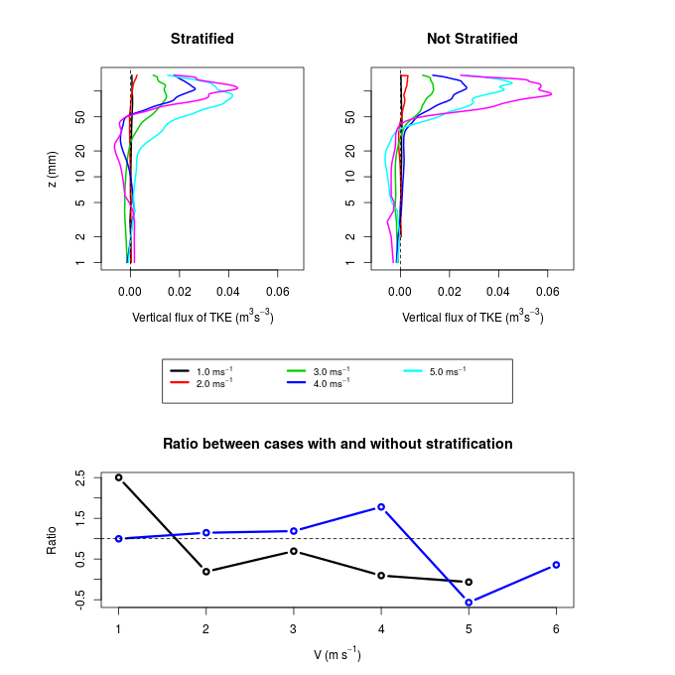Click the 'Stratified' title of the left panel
click(x=202, y=39)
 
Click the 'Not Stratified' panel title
click(x=472, y=39)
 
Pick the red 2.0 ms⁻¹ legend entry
click(x=209, y=382)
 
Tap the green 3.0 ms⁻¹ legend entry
click(x=327, y=371)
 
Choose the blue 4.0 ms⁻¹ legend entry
click(x=327, y=382)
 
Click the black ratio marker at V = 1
click(x=119, y=477)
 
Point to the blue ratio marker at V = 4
click(x=381, y=507)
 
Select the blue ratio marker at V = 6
click(x=556, y=565)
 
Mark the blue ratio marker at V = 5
click(x=469, y=603)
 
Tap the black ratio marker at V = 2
click(x=206, y=572)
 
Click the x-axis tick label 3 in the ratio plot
click(x=294, y=629)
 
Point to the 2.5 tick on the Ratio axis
click(x=80, y=477)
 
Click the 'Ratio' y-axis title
click(x=53, y=539)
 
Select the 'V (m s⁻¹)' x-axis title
click(x=337, y=654)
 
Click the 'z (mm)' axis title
click(x=53, y=166)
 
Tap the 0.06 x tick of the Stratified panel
click(x=277, y=293)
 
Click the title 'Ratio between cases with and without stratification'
click(x=337, y=444)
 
